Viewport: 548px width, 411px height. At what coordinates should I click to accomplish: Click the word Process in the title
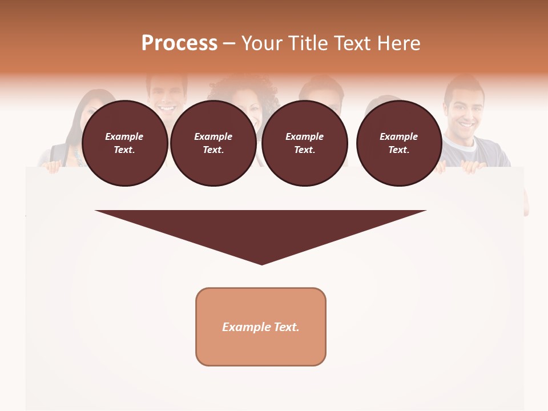179,43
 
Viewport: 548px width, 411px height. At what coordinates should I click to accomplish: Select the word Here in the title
400,43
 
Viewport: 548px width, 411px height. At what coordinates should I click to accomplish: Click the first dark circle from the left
125,143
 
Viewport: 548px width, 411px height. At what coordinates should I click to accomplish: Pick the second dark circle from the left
213,143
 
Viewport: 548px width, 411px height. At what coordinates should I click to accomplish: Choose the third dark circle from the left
305,143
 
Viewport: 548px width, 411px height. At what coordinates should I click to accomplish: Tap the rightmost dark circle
399,143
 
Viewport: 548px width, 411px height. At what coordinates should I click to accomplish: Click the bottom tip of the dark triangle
261,263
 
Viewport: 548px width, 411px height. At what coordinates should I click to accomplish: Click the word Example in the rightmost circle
398,136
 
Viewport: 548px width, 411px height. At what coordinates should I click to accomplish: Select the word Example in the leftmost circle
124,136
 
